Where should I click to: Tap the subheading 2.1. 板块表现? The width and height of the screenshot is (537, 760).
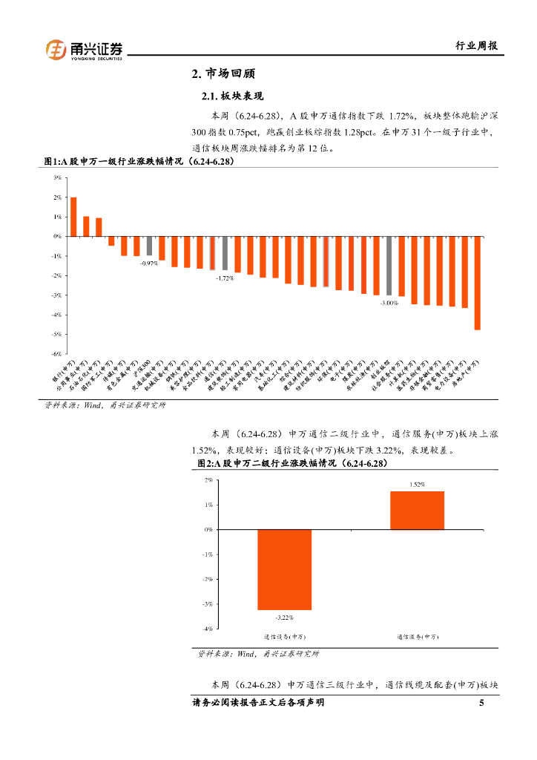click(233, 97)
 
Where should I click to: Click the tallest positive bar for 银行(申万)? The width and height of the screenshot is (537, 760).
click(73, 217)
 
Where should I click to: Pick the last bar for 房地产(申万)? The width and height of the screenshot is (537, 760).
click(478, 283)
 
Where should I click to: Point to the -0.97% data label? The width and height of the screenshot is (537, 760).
click(149, 263)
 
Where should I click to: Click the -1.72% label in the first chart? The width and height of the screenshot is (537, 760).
click(225, 278)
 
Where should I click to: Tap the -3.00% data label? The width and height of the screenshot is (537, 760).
click(389, 303)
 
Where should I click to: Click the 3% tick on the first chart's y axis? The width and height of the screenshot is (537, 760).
click(57, 178)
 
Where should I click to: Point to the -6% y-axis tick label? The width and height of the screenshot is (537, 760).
click(56, 354)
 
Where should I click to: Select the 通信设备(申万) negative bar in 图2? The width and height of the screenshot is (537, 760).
click(284, 570)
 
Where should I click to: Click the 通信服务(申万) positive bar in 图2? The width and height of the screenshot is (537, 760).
click(418, 511)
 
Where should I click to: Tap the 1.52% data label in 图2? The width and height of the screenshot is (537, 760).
click(417, 484)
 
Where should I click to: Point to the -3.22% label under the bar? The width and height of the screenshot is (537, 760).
click(284, 617)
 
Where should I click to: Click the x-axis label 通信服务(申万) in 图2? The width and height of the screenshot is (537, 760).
click(418, 637)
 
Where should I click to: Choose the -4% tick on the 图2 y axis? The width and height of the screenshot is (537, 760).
click(208, 629)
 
